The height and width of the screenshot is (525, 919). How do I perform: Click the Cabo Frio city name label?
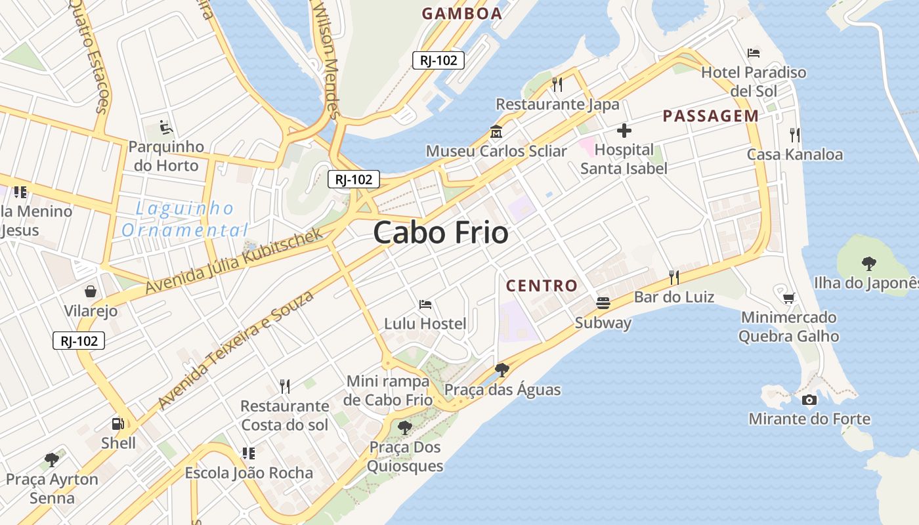[440, 233]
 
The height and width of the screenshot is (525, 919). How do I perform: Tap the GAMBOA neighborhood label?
[461, 14]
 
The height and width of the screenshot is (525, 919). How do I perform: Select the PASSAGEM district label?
[710, 116]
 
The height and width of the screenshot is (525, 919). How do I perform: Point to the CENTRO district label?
[542, 285]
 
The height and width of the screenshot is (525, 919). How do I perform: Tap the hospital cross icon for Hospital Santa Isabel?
[624, 131]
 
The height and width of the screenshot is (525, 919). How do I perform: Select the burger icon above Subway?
[603, 303]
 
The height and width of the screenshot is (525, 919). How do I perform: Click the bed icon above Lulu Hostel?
[425, 304]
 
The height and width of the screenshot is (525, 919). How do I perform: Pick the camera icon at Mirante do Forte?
[809, 400]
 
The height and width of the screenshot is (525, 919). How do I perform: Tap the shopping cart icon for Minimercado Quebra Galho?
[788, 299]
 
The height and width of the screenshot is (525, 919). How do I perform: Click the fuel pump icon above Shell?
[118, 424]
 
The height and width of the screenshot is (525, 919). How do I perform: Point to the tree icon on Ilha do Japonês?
[868, 264]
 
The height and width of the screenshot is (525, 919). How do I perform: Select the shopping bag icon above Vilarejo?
[91, 291]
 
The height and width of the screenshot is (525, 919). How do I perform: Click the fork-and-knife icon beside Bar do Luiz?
[673, 278]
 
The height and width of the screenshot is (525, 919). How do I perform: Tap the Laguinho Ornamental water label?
[185, 219]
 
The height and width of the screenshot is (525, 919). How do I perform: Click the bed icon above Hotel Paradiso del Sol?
[754, 52]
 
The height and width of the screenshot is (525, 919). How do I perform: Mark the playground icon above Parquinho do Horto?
[166, 127]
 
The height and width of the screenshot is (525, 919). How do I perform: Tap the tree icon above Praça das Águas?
[502, 369]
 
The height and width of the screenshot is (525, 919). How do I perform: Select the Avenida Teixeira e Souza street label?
[236, 350]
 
